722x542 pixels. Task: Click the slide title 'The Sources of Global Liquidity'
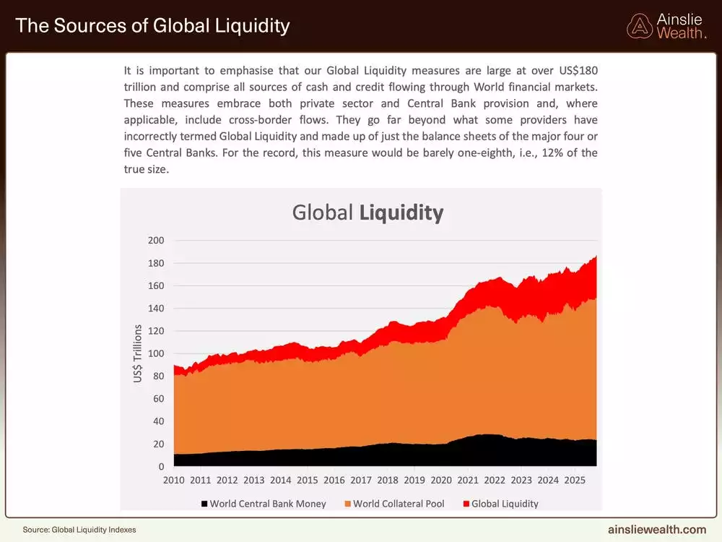tap(152, 26)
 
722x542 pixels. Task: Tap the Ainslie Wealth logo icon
tap(640, 26)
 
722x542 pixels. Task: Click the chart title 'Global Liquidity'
tap(367, 212)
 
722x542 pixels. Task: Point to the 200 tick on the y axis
tap(156, 241)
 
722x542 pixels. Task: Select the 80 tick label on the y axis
tap(158, 377)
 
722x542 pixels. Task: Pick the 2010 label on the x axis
tap(174, 480)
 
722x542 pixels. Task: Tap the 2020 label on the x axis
tap(441, 480)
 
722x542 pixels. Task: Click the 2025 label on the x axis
tap(575, 480)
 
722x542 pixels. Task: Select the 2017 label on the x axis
tap(361, 480)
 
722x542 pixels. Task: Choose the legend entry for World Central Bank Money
tap(264, 504)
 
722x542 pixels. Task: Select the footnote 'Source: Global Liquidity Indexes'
tap(79, 530)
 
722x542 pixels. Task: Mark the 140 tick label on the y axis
tap(156, 309)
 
